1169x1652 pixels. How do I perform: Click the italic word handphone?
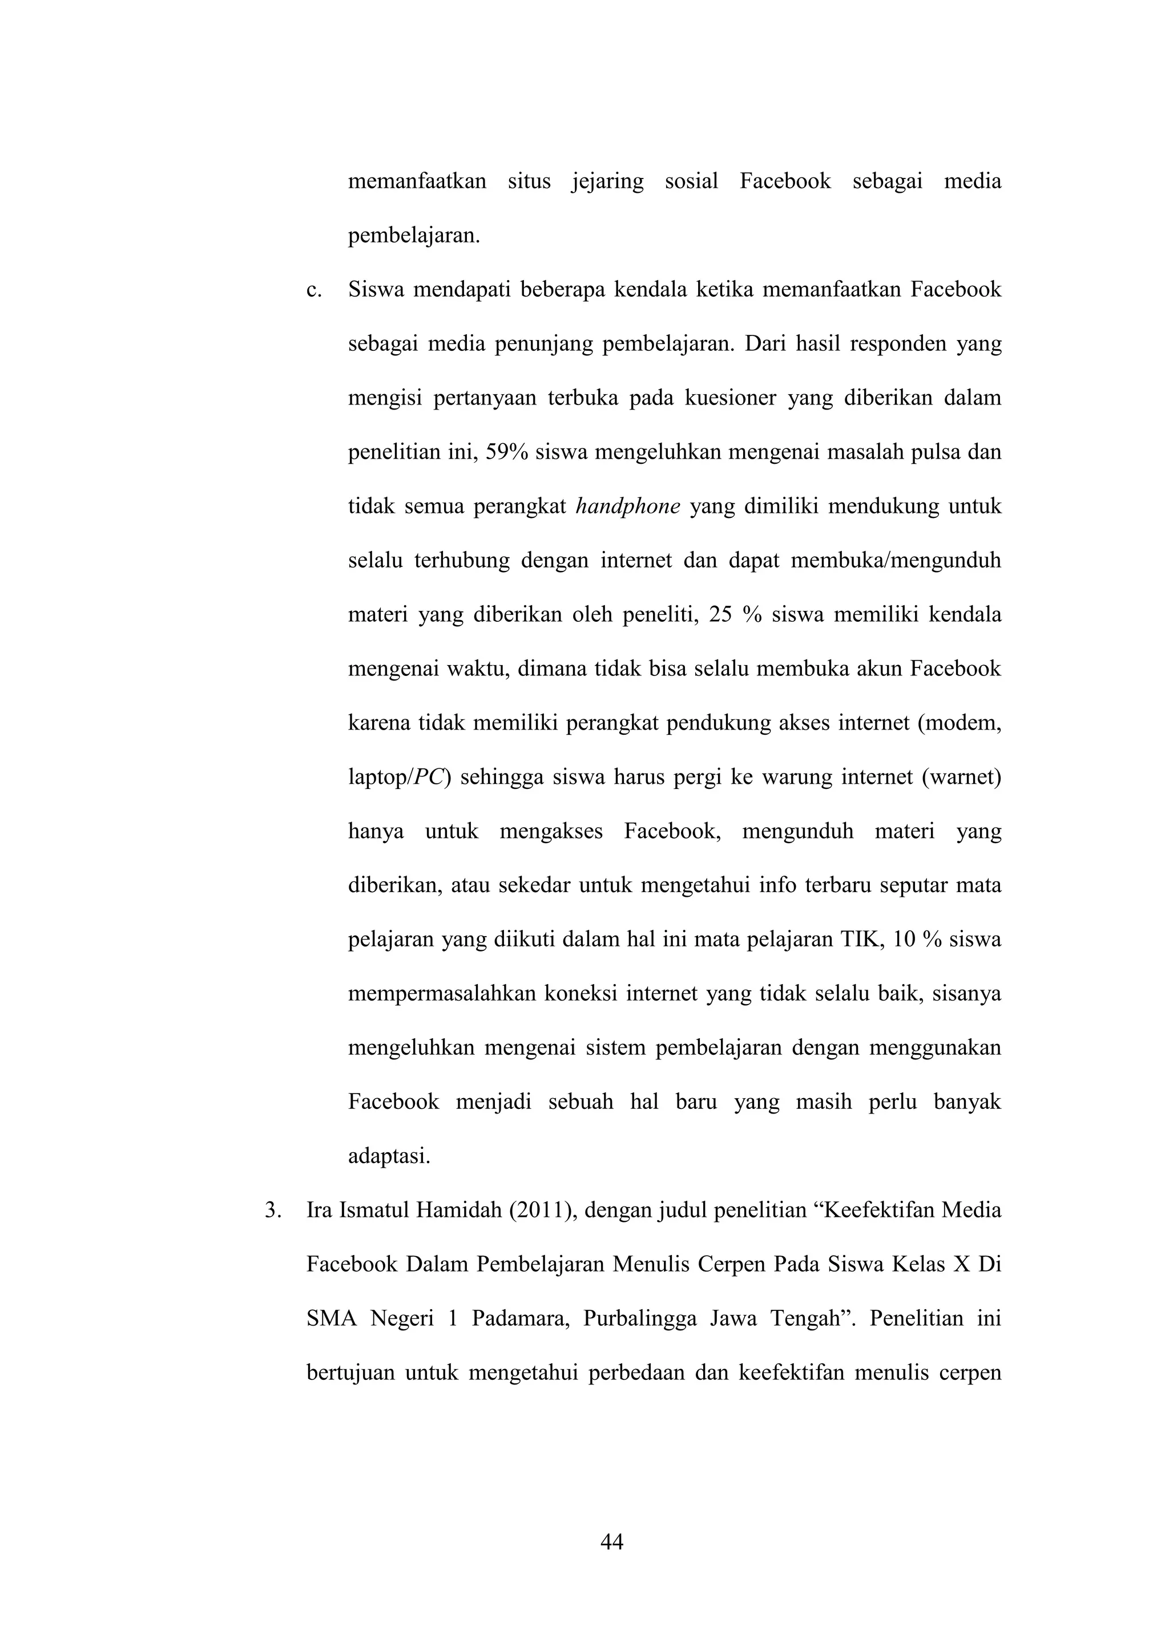tap(628, 507)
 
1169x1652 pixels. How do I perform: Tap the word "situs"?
tap(529, 181)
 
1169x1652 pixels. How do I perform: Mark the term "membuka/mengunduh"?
tap(896, 561)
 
